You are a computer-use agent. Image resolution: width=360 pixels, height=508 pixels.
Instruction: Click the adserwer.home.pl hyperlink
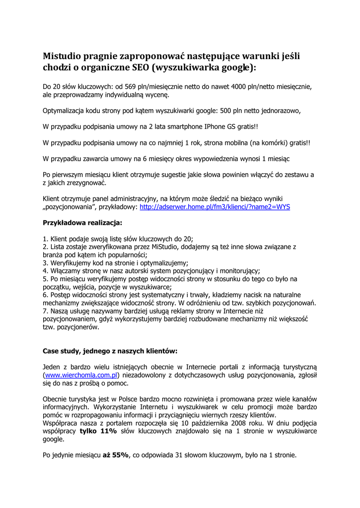215,206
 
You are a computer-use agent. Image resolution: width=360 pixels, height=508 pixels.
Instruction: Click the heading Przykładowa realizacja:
82,223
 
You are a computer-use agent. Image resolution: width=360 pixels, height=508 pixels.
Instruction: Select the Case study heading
110,351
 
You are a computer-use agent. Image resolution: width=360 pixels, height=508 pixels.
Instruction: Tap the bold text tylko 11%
98,431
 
